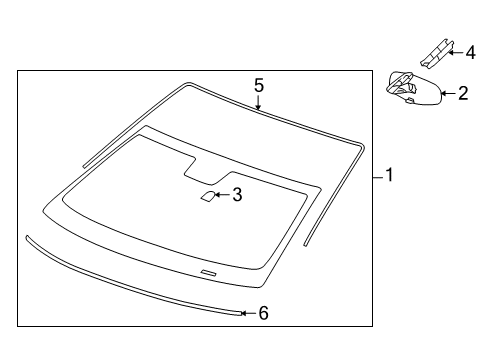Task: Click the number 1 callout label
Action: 389,175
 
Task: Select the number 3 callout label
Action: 236,195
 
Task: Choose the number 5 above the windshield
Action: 258,86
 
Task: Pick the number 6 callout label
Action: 263,313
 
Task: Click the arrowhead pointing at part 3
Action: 222,196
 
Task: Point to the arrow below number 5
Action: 258,103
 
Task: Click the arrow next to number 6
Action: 248,313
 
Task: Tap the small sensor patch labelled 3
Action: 207,197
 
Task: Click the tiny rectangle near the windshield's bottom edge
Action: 208,273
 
